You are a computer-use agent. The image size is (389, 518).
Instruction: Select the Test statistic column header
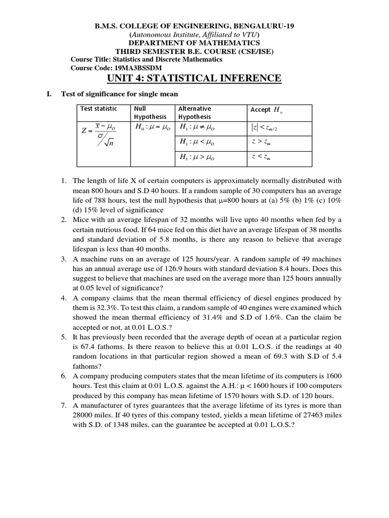(x=99, y=109)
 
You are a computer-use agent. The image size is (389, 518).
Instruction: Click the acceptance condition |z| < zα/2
(x=264, y=128)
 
